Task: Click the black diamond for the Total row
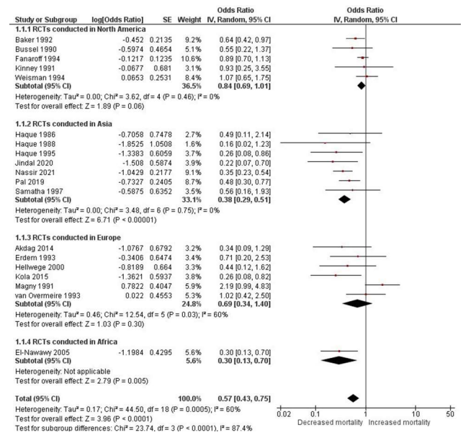click(353, 398)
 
